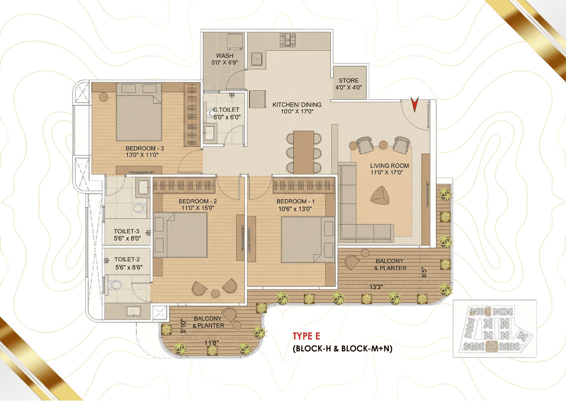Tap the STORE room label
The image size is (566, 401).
349,84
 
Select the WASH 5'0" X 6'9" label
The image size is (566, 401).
225,59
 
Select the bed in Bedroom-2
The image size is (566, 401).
181,235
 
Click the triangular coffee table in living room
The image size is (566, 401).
380,195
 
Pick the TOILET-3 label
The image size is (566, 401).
126,234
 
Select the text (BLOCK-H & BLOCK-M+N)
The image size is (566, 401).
342,348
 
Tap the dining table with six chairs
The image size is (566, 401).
303,152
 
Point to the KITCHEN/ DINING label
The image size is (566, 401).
297,108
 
